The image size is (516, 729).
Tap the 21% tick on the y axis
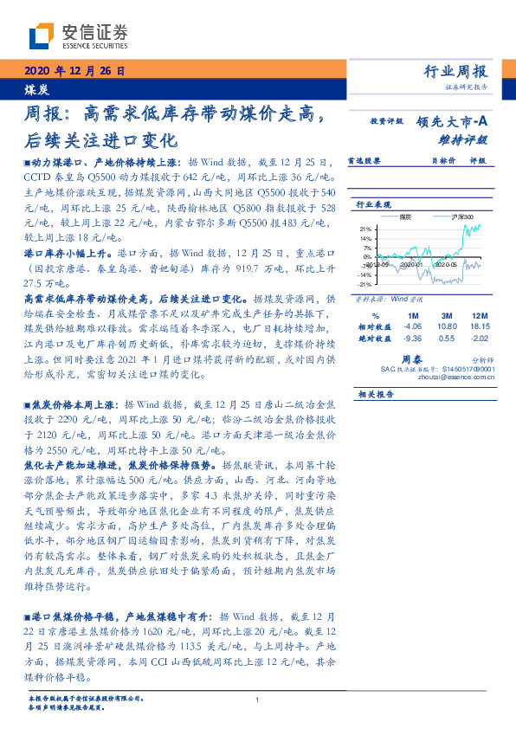click(365, 229)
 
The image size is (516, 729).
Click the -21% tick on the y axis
click(364, 283)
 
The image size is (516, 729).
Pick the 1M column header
click(412, 316)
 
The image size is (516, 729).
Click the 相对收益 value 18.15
click(477, 327)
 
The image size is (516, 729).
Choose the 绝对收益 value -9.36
click(412, 339)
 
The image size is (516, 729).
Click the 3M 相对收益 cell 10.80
click(447, 327)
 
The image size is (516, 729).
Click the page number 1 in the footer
click(258, 700)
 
